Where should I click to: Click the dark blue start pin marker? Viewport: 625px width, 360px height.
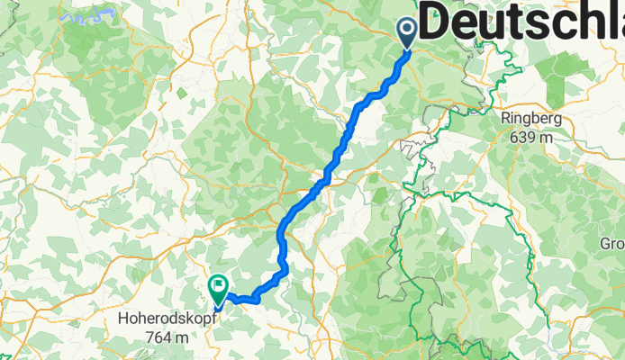point(406,33)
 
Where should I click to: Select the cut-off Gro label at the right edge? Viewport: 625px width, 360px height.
point(611,243)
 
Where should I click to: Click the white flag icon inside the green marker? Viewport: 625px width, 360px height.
point(218,287)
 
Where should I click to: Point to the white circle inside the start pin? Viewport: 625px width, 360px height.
point(406,31)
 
